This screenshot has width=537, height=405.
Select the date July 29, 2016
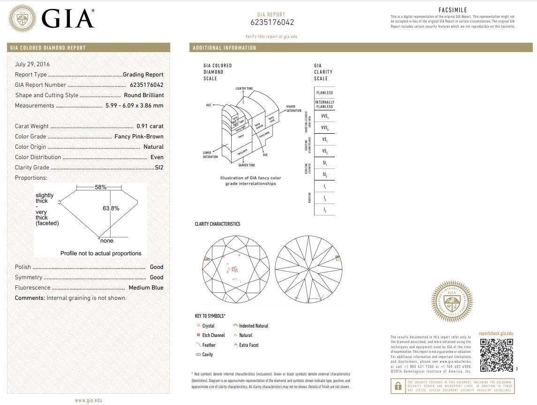pos(32,64)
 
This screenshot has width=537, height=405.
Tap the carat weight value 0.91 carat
pos(150,126)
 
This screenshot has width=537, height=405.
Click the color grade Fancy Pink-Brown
pos(139,137)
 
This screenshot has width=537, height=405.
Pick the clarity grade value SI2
pos(159,168)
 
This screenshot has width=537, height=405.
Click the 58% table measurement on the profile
pos(100,187)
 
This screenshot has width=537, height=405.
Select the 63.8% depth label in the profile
pos(111,208)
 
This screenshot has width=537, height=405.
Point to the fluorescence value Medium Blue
pos(146,288)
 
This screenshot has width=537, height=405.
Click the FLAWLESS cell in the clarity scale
pos(325,93)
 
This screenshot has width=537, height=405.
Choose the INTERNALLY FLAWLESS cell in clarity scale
pos(325,104)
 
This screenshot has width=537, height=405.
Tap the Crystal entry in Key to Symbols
pos(208,326)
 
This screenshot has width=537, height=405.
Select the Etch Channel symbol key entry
pos(213,335)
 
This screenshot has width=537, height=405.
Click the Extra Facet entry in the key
pos(249,345)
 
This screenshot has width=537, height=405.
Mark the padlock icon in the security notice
pos(398,386)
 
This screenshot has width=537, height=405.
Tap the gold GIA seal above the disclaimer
pos(452,302)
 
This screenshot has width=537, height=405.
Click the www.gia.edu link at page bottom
pos(88,400)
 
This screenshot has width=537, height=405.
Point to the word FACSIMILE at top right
pos(453,9)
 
